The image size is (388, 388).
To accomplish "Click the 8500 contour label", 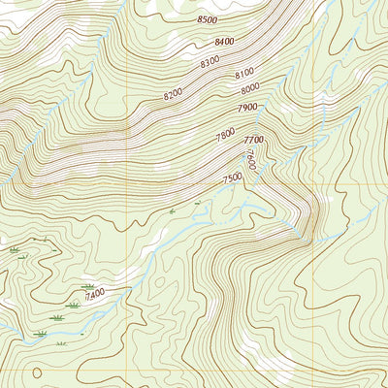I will [x=207, y=19].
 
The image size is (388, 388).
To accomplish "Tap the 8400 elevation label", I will [x=226, y=42].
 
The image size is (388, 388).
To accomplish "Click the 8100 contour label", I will [x=243, y=73].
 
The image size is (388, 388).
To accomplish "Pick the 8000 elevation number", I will [x=250, y=89].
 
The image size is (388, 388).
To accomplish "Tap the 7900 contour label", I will [x=246, y=108].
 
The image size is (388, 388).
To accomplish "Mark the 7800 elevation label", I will [x=225, y=136].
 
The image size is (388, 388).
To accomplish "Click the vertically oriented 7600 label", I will [x=250, y=159].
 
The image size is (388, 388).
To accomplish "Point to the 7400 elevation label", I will [x=94, y=293].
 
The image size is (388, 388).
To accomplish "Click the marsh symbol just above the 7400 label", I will [x=88, y=285].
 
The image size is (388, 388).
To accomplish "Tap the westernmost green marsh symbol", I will [x=15, y=250].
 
